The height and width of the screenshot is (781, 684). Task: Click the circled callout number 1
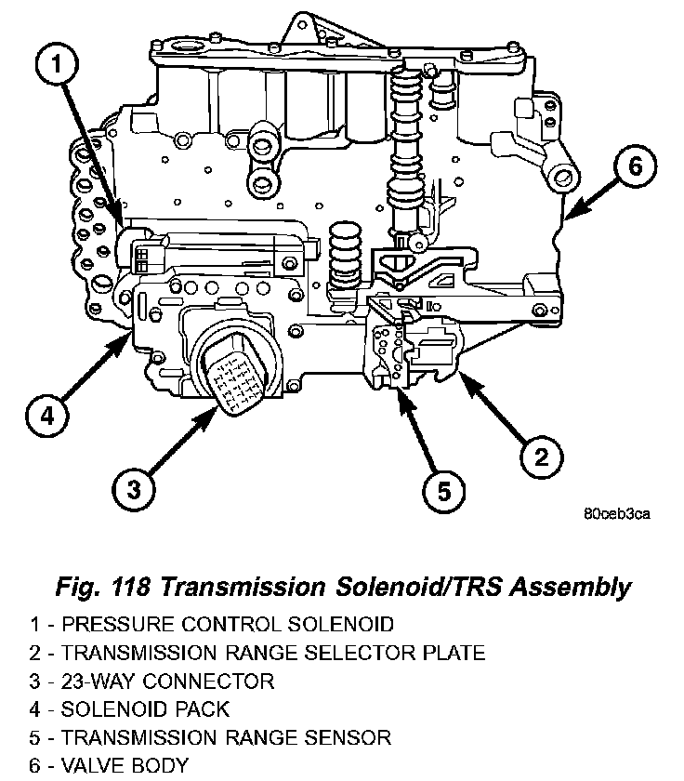[x=57, y=65]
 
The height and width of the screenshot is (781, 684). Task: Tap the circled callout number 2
[x=541, y=457]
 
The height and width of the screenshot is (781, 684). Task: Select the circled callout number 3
[x=134, y=489]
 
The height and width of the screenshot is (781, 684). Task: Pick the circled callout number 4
[x=46, y=415]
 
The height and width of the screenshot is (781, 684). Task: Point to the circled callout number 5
[x=443, y=491]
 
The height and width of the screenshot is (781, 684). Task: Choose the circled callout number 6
[x=635, y=165]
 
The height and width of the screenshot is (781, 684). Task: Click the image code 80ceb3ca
[x=617, y=513]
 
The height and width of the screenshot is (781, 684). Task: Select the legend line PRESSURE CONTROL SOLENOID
[x=212, y=624]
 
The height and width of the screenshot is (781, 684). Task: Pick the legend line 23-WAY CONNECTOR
[x=151, y=681]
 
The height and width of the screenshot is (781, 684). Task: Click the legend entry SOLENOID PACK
[x=129, y=709]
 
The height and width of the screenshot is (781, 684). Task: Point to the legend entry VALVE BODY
[x=109, y=765]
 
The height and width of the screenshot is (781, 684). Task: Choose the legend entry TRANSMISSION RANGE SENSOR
[x=211, y=737]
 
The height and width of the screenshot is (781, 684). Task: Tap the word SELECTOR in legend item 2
[x=360, y=653]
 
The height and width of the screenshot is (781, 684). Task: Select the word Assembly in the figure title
[x=571, y=589]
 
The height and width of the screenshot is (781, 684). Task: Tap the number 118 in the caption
[x=131, y=587]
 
